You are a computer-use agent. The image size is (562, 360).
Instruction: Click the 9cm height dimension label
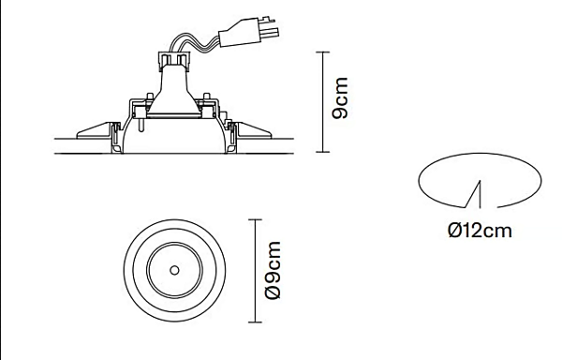pyautogui.click(x=341, y=98)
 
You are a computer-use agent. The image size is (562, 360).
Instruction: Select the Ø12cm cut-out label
pyautogui.click(x=480, y=230)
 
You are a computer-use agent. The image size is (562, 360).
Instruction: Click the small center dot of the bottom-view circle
pyautogui.click(x=174, y=270)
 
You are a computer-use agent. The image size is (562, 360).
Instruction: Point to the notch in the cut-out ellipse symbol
pyautogui.click(x=478, y=193)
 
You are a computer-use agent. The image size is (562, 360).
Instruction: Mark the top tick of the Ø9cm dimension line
pyautogui.click(x=254, y=220)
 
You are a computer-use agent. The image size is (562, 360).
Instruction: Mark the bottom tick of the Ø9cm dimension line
pyautogui.click(x=254, y=321)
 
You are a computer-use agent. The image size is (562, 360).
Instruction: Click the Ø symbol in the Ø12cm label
pyautogui.click(x=454, y=230)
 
